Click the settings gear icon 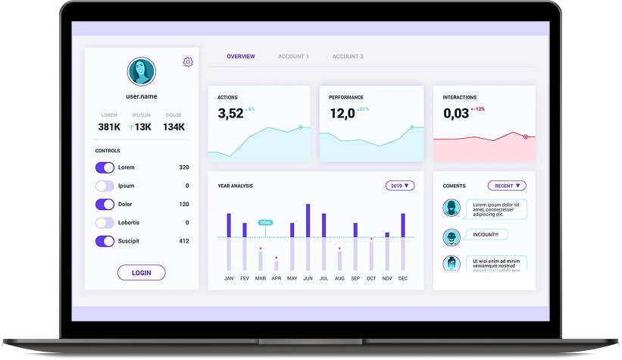point(188,62)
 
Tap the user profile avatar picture point(141,72)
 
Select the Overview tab point(241,57)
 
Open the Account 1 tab point(293,57)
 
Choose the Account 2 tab point(348,57)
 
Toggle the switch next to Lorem point(105,167)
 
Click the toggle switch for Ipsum point(105,186)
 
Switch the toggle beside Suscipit point(105,241)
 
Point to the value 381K point(109,127)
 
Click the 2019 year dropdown point(400,186)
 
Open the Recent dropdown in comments point(507,186)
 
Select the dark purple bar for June point(308,220)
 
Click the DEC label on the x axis point(403,278)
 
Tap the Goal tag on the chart point(265,222)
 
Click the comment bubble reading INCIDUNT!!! point(486,235)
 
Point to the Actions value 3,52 point(230,114)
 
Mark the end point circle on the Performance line point(412,127)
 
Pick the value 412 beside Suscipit point(184,241)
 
